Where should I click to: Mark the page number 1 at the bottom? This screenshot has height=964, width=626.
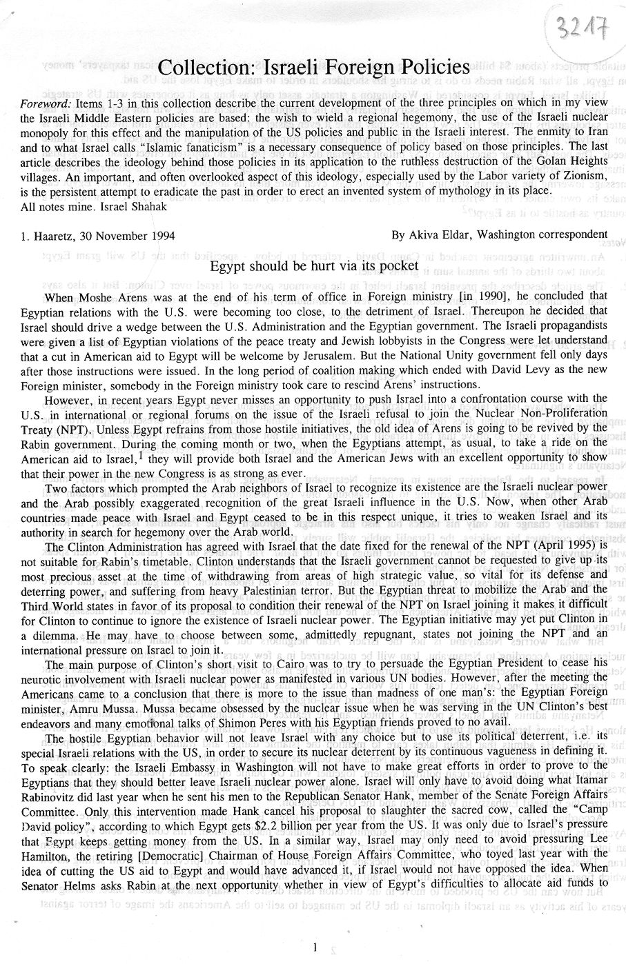coord(314,948)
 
